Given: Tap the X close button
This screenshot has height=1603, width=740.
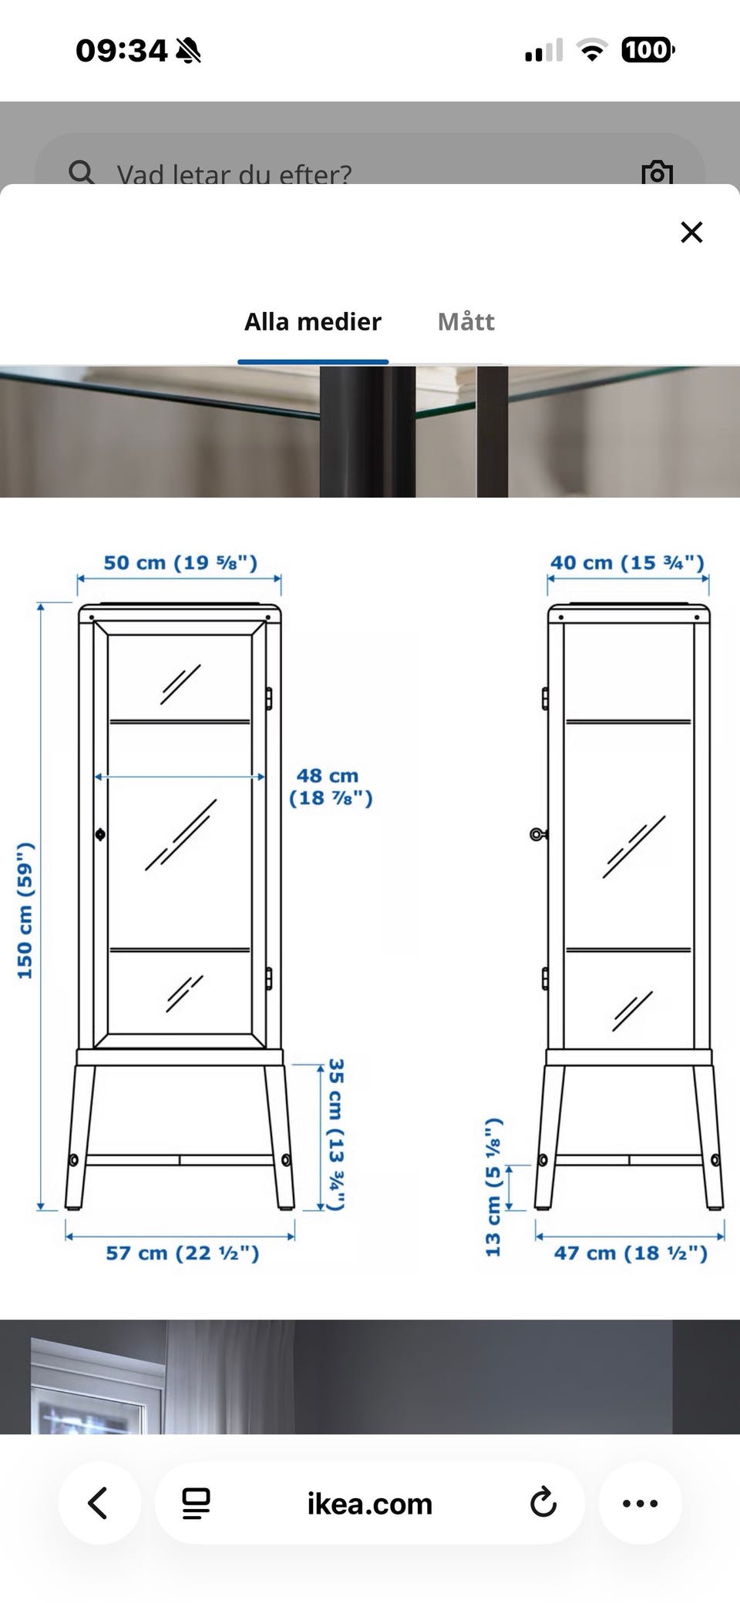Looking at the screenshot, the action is point(691,232).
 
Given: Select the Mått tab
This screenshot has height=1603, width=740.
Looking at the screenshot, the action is point(466,321).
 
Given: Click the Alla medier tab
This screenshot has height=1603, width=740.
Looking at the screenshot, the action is point(312,321).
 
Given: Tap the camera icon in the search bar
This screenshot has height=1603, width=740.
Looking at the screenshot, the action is point(657,173).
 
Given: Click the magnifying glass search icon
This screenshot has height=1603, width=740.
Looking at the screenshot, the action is point(81,172).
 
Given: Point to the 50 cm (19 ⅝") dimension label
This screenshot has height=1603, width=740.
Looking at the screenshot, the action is point(180,562).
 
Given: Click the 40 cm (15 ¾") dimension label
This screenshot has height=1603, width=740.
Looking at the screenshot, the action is point(627,562).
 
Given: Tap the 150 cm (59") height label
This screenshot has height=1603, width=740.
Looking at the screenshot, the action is point(25,910).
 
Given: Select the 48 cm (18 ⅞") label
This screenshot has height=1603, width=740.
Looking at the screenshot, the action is point(331,786).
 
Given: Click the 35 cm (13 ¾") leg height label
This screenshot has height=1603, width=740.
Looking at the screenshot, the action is point(336,1134).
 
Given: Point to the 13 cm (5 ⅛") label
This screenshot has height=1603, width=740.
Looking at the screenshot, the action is point(493,1187).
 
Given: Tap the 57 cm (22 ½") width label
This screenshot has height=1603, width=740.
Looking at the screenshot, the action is point(182,1253).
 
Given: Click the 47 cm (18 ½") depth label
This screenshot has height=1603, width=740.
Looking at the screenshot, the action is point(631,1253).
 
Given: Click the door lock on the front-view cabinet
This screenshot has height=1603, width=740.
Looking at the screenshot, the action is point(100,834).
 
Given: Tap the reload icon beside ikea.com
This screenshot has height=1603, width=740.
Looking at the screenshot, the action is point(543,1503).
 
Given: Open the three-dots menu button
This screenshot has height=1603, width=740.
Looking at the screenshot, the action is point(640,1503).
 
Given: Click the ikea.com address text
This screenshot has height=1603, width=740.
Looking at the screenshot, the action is point(370,1504).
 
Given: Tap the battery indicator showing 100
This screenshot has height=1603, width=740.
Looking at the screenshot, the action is point(647,51).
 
